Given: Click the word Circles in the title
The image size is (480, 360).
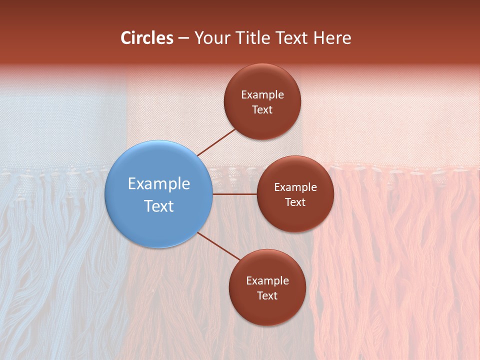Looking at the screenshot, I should (x=146, y=38).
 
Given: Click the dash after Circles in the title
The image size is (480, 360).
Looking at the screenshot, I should (x=183, y=38).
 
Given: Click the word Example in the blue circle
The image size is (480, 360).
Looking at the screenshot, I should (x=159, y=184).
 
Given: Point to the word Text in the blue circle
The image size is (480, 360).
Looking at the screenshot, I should (x=159, y=206).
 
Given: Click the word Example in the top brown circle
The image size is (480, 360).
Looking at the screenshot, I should (x=262, y=95).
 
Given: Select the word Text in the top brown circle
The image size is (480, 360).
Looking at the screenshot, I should (x=262, y=110).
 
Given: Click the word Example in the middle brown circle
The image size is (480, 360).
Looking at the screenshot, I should (x=295, y=187).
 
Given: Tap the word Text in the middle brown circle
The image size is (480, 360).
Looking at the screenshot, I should (x=295, y=202).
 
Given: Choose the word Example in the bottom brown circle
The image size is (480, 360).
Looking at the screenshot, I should (x=267, y=281).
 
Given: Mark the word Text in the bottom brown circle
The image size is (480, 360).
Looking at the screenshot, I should (x=267, y=296).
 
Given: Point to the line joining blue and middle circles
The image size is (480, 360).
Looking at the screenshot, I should (x=234, y=194).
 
